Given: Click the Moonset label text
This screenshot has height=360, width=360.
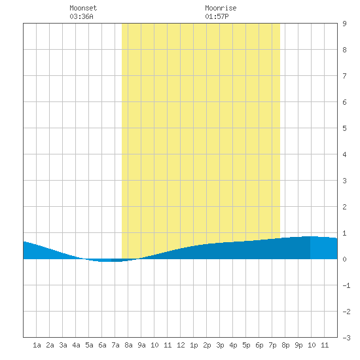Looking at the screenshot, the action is click(83, 8).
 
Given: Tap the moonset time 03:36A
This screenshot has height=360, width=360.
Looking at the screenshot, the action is click(82, 16).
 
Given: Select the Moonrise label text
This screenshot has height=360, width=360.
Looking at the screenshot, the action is click(221, 8).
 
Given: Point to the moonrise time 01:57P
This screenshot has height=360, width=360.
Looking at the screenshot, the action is click(217, 16).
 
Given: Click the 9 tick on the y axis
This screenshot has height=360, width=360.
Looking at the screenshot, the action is click(344, 24).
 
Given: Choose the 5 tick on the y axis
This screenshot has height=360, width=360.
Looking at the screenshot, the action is click(344, 128).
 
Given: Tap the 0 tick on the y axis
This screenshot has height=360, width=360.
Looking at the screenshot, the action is click(344, 259).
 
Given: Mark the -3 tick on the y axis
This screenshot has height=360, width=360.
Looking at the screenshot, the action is click(346, 338).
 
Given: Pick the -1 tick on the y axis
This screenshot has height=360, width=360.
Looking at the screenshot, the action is click(346, 285).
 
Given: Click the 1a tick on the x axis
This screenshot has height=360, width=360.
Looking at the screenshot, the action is click(37, 345).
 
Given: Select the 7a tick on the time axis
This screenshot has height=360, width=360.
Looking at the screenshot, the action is click(115, 345).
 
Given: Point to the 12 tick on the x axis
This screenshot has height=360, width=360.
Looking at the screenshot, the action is click(181, 345).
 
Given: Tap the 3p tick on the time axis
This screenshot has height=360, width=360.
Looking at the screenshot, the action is click(220, 345).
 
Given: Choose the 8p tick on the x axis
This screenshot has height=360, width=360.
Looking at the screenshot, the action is click(285, 345).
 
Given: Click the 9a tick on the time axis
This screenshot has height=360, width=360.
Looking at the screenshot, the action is click(141, 345).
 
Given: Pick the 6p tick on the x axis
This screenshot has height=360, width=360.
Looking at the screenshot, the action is click(259, 345).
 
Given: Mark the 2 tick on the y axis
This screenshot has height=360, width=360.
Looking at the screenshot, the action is click(344, 207).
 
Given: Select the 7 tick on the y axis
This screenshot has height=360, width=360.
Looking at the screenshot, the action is click(344, 76).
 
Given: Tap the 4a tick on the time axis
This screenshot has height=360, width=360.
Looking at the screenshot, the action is click(76, 345).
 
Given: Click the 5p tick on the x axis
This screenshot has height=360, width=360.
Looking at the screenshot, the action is click(246, 345).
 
